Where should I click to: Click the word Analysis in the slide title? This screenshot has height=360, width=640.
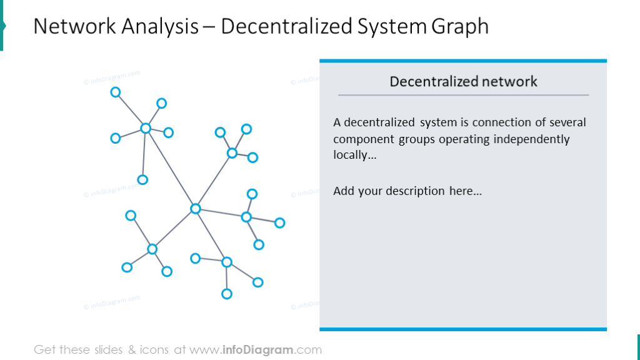[x=162, y=26]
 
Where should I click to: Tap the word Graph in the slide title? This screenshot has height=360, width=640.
[x=460, y=26]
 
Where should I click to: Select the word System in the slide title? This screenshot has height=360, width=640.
[x=392, y=26]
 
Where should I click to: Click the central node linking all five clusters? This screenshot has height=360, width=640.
[x=195, y=209]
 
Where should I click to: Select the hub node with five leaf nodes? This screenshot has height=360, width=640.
[x=146, y=128]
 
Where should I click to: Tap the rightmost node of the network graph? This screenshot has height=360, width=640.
[x=279, y=222]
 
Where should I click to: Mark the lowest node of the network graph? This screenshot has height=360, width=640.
[x=227, y=294]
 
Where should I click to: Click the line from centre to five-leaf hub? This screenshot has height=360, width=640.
[x=170, y=169]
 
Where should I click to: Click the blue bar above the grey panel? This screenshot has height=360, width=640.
[x=462, y=61]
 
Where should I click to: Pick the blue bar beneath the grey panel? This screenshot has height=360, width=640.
[x=462, y=329]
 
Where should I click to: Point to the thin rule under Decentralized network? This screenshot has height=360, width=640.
[x=462, y=95]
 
